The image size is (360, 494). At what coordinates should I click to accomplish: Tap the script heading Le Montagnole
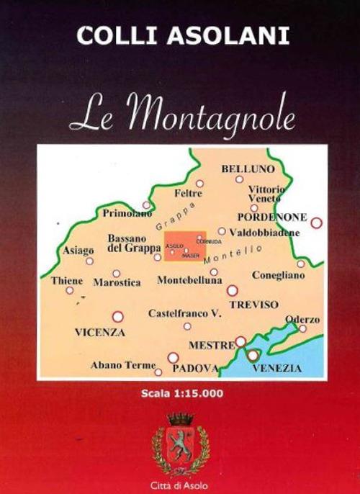pyautogui.click(x=181, y=114)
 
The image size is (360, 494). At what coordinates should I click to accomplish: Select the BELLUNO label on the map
pyautogui.click(x=248, y=169)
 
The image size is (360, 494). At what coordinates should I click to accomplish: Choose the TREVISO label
pyautogui.click(x=254, y=305)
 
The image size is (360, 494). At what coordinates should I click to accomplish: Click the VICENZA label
pyautogui.click(x=100, y=333)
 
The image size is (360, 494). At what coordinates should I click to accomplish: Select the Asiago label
pyautogui.click(x=78, y=251)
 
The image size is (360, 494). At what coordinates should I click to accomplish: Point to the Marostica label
pyautogui.click(x=117, y=283)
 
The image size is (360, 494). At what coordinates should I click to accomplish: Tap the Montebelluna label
pyautogui.click(x=189, y=279)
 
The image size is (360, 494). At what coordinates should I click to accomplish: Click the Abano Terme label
pyautogui.click(x=123, y=365)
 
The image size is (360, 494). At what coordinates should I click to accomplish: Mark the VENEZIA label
pyautogui.click(x=277, y=369)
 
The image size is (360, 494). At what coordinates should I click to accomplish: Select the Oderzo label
pyautogui.click(x=302, y=319)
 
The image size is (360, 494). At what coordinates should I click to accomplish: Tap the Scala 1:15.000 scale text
pyautogui.click(x=183, y=393)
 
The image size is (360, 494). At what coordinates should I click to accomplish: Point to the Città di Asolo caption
pyautogui.click(x=181, y=482)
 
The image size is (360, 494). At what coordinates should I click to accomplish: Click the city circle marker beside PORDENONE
pyautogui.click(x=316, y=223)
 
